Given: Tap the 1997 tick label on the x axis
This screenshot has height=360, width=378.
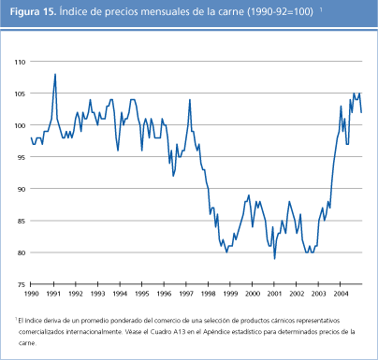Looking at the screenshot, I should [186, 294].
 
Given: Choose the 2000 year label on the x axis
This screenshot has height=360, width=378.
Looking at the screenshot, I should [252, 294].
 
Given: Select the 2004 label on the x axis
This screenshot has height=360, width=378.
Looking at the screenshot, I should [340, 294].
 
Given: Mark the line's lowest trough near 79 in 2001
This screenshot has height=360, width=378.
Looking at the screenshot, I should [274, 258].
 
